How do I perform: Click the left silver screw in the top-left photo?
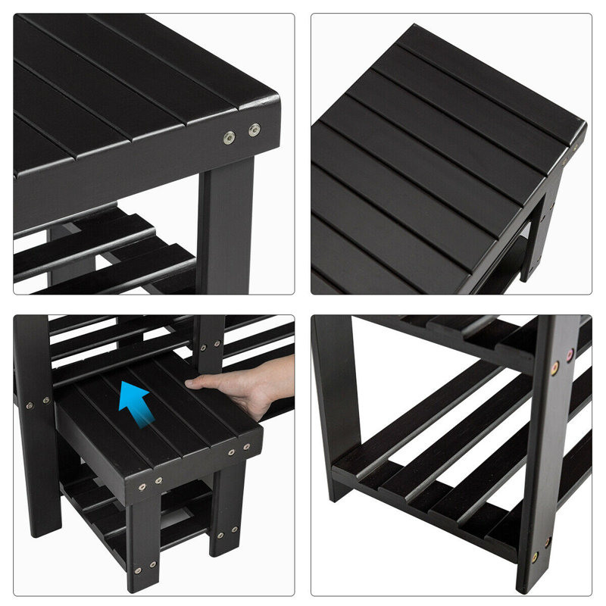[228, 137]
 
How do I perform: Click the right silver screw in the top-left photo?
[255, 129]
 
